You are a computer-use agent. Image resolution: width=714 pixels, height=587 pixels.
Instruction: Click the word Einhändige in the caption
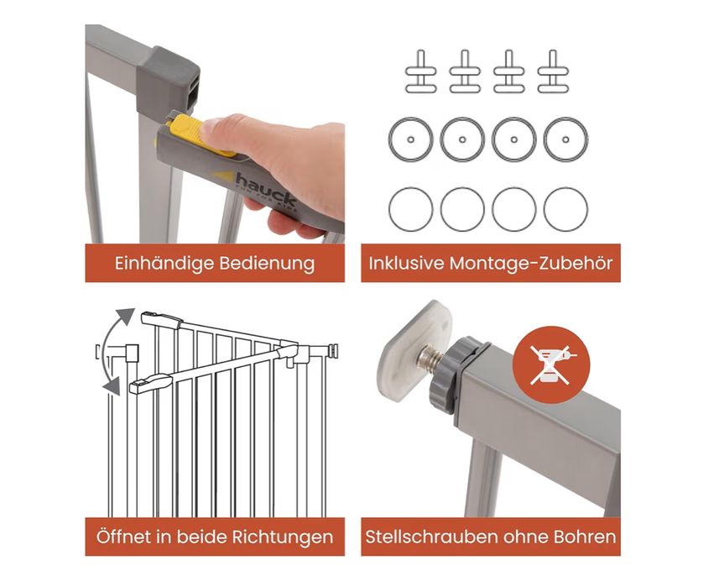click(x=154, y=264)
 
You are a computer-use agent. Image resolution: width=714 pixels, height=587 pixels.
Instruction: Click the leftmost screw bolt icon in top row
click(x=421, y=72)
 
